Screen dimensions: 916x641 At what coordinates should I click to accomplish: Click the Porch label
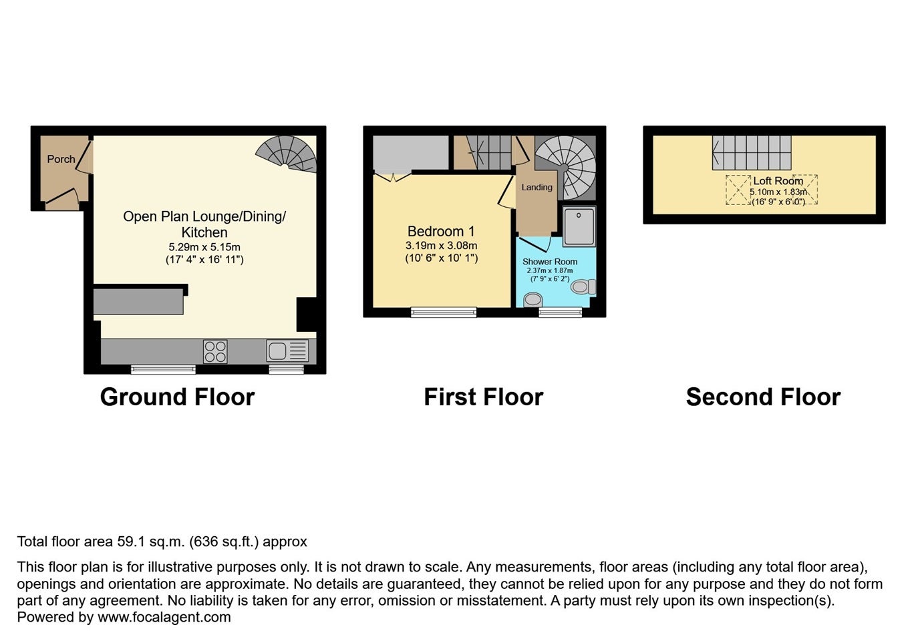61,159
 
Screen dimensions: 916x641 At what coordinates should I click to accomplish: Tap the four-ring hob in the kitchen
215,352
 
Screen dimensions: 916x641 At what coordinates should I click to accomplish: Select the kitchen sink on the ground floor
287,351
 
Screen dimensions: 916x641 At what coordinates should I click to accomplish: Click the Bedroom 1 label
441,232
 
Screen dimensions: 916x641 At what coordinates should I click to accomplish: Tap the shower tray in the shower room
579,226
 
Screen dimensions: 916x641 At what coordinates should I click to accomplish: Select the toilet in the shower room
583,286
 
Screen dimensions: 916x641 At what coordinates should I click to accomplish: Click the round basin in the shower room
533,300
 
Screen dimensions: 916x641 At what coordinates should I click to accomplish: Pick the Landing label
537,187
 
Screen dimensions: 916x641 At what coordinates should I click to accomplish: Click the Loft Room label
778,181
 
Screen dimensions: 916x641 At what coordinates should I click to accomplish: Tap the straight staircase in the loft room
752,153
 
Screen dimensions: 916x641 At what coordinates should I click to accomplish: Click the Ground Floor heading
178,397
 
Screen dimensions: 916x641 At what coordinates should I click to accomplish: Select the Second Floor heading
763,397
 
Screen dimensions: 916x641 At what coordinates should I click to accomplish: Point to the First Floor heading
483,397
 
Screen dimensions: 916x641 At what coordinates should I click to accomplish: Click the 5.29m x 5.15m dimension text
204,247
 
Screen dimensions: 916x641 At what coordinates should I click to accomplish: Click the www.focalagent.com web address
164,617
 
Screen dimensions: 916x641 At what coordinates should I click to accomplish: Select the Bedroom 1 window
444,312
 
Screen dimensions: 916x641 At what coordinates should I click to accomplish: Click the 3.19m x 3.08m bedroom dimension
441,246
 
